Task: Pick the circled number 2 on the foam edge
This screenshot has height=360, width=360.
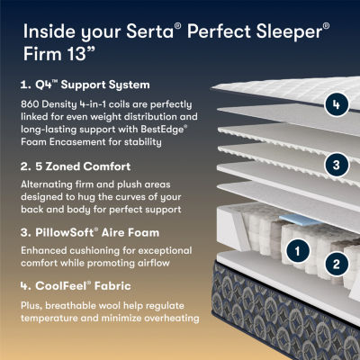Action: pyautogui.click(x=335, y=264)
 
